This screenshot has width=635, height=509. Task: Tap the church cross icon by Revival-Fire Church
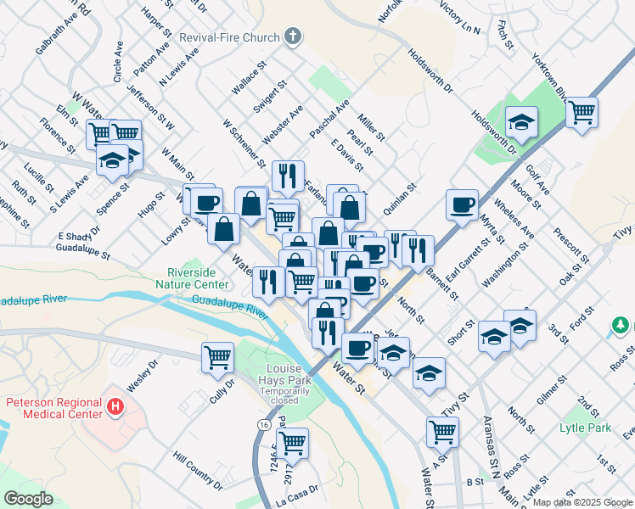pyautogui.click(x=294, y=36)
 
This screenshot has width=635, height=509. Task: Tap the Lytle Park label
pyautogui.click(x=585, y=428)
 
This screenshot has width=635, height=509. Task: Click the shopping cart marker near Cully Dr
pyautogui.click(x=218, y=356)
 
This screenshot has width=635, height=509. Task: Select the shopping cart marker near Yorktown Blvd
pyautogui.click(x=582, y=111)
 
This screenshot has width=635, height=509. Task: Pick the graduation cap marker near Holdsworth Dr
pyautogui.click(x=521, y=121)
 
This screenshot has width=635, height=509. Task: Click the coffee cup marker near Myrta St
pyautogui.click(x=462, y=204)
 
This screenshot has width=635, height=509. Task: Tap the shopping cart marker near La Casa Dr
pyautogui.click(x=292, y=441)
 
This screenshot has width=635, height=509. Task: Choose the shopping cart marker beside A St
pyautogui.click(x=443, y=431)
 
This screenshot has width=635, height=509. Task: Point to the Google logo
pyautogui.click(x=29, y=498)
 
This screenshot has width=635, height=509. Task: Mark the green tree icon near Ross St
pyautogui.click(x=621, y=326)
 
